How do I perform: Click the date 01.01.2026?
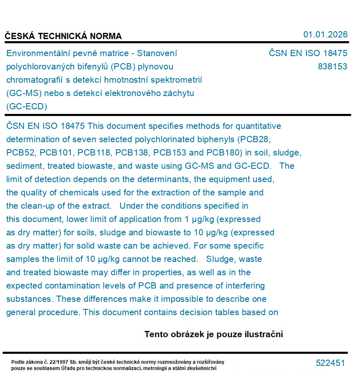pyautogui.click(x=325, y=35)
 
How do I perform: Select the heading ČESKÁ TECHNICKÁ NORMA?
pyautogui.click(x=63, y=36)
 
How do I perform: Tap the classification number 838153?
pyautogui.click(x=332, y=67)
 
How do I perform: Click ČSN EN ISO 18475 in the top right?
pyautogui.click(x=308, y=53)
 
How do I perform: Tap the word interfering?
pyautogui.click(x=245, y=286)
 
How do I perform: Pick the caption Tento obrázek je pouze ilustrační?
pyautogui.click(x=214, y=334)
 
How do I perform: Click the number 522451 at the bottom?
pyautogui.click(x=330, y=363)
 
